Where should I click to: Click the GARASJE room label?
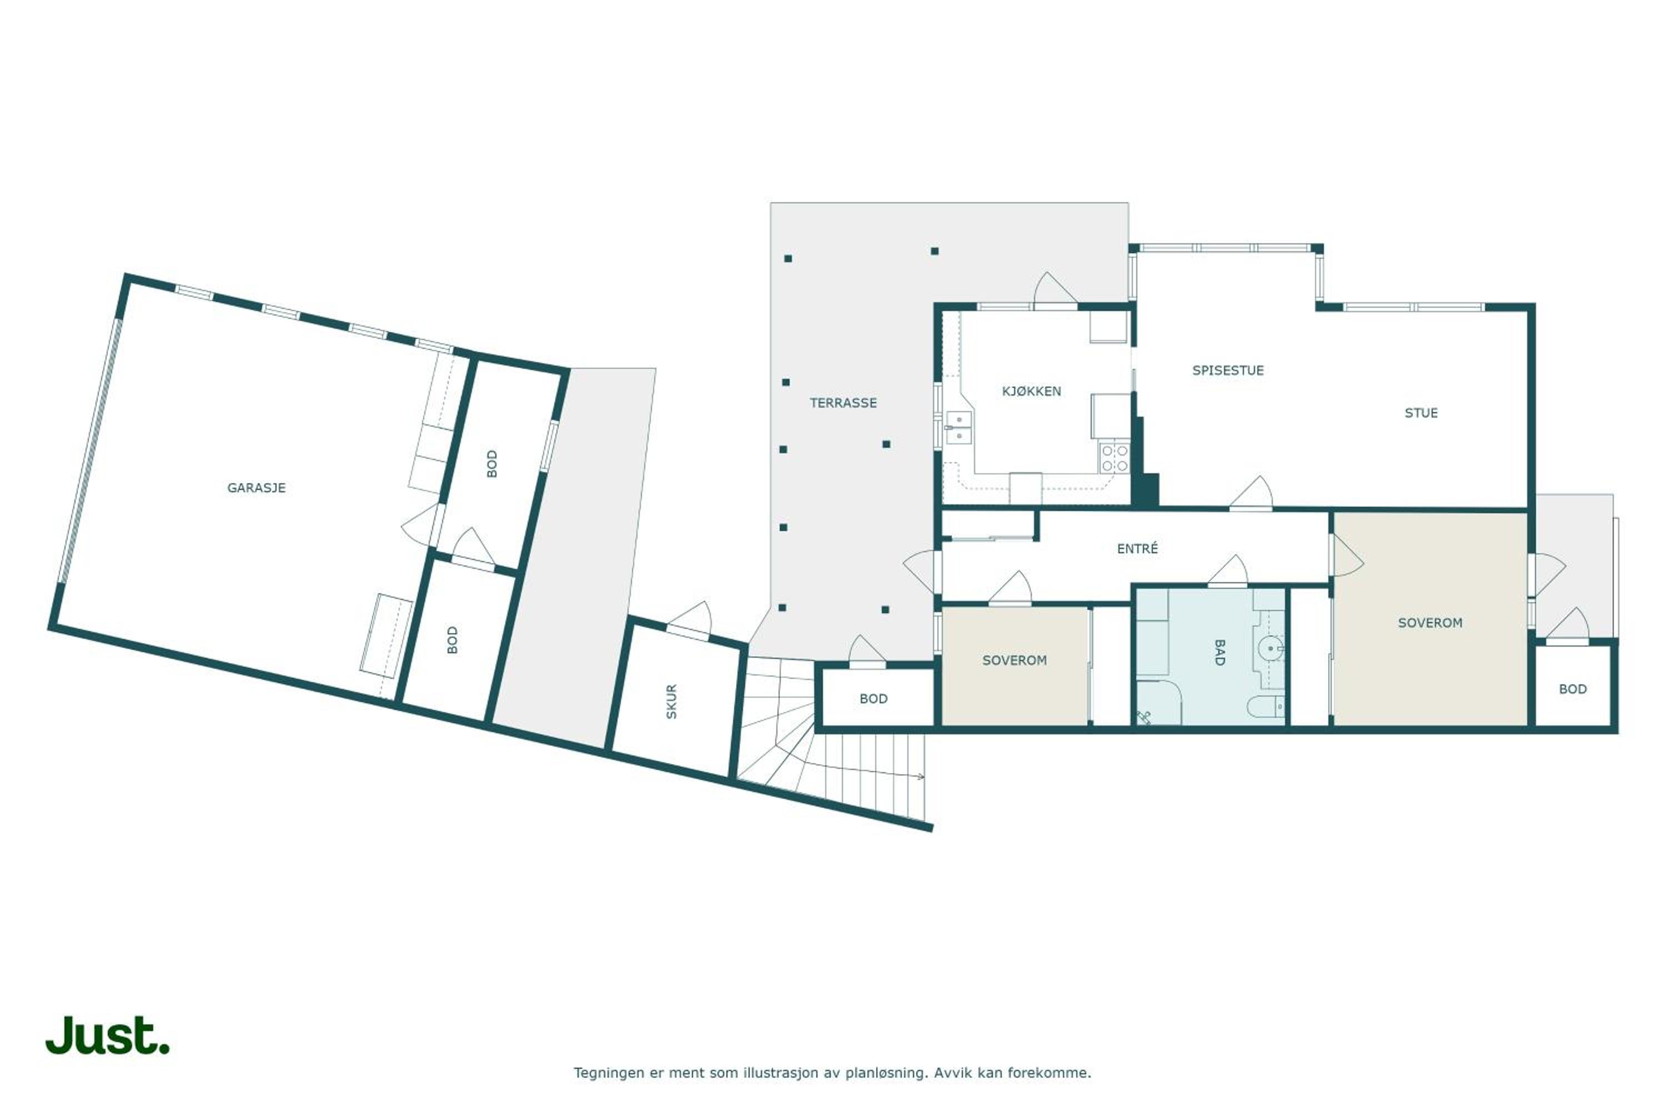tap(257, 488)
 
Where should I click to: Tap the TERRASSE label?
tap(843, 402)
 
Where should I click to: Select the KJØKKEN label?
tap(1031, 391)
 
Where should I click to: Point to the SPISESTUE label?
tap(1227, 370)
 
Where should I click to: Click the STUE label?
tap(1421, 412)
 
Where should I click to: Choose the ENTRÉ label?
tap(1137, 548)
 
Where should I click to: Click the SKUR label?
tap(671, 702)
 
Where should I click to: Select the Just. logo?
tap(108, 1035)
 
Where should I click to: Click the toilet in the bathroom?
tap(1264, 705)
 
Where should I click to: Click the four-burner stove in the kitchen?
tap(1114, 457)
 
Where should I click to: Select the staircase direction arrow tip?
tap(924, 777)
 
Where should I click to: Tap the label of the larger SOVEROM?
tap(1429, 623)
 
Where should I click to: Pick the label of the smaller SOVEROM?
tap(1015, 660)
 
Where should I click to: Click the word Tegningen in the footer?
tap(609, 1073)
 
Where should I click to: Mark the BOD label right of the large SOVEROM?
tap(1573, 689)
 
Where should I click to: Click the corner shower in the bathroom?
tap(1157, 703)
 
